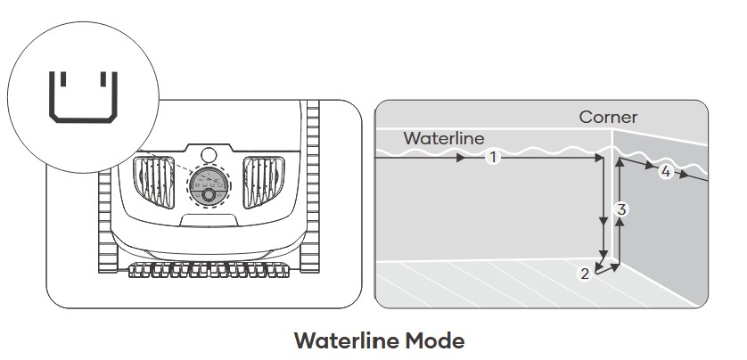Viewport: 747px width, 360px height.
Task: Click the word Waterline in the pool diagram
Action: pos(444,138)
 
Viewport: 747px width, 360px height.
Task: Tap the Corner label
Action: pos(608,117)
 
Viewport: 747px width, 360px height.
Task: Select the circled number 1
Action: pos(493,158)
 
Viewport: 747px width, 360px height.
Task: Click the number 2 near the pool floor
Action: pos(585,274)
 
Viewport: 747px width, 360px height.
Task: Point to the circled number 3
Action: pos(622,209)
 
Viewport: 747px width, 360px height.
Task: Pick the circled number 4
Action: pos(665,171)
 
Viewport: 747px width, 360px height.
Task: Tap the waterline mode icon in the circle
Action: pos(83,95)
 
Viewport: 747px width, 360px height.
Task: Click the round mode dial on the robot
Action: pos(209,186)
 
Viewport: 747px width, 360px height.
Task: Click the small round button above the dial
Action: pos(209,153)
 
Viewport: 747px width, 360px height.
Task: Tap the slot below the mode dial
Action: pos(209,217)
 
